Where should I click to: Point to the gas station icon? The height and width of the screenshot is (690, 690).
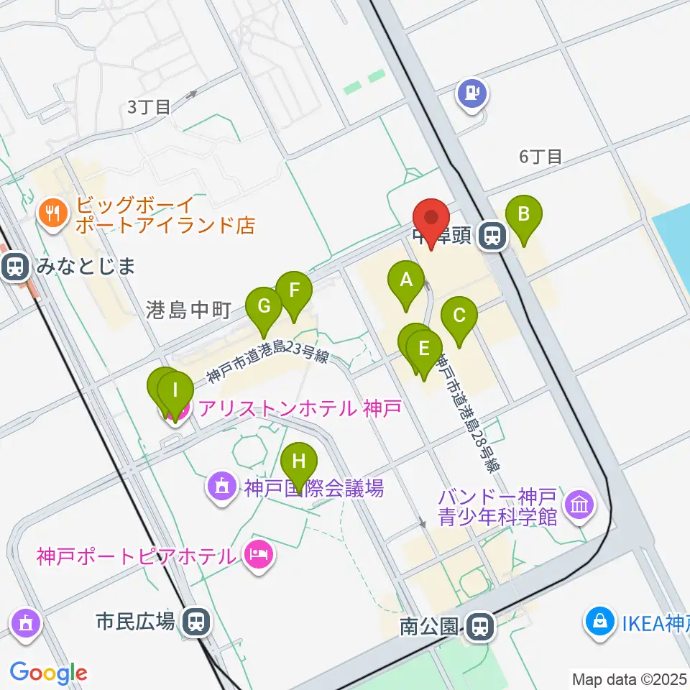[x=472, y=93]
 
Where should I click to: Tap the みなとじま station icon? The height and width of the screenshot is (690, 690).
[x=14, y=267]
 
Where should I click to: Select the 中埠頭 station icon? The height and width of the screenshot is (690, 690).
[x=492, y=236]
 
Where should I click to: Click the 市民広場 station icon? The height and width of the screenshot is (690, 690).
[x=195, y=621]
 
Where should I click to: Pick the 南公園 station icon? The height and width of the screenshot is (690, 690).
[x=478, y=626]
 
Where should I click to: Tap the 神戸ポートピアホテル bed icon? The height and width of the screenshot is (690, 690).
[x=257, y=555]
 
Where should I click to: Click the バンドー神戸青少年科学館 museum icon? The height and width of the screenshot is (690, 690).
[x=579, y=505]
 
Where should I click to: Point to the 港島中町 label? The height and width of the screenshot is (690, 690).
[x=188, y=310]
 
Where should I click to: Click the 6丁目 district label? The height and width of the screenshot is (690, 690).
[x=540, y=157]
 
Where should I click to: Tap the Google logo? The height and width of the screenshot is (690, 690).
[x=48, y=673]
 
